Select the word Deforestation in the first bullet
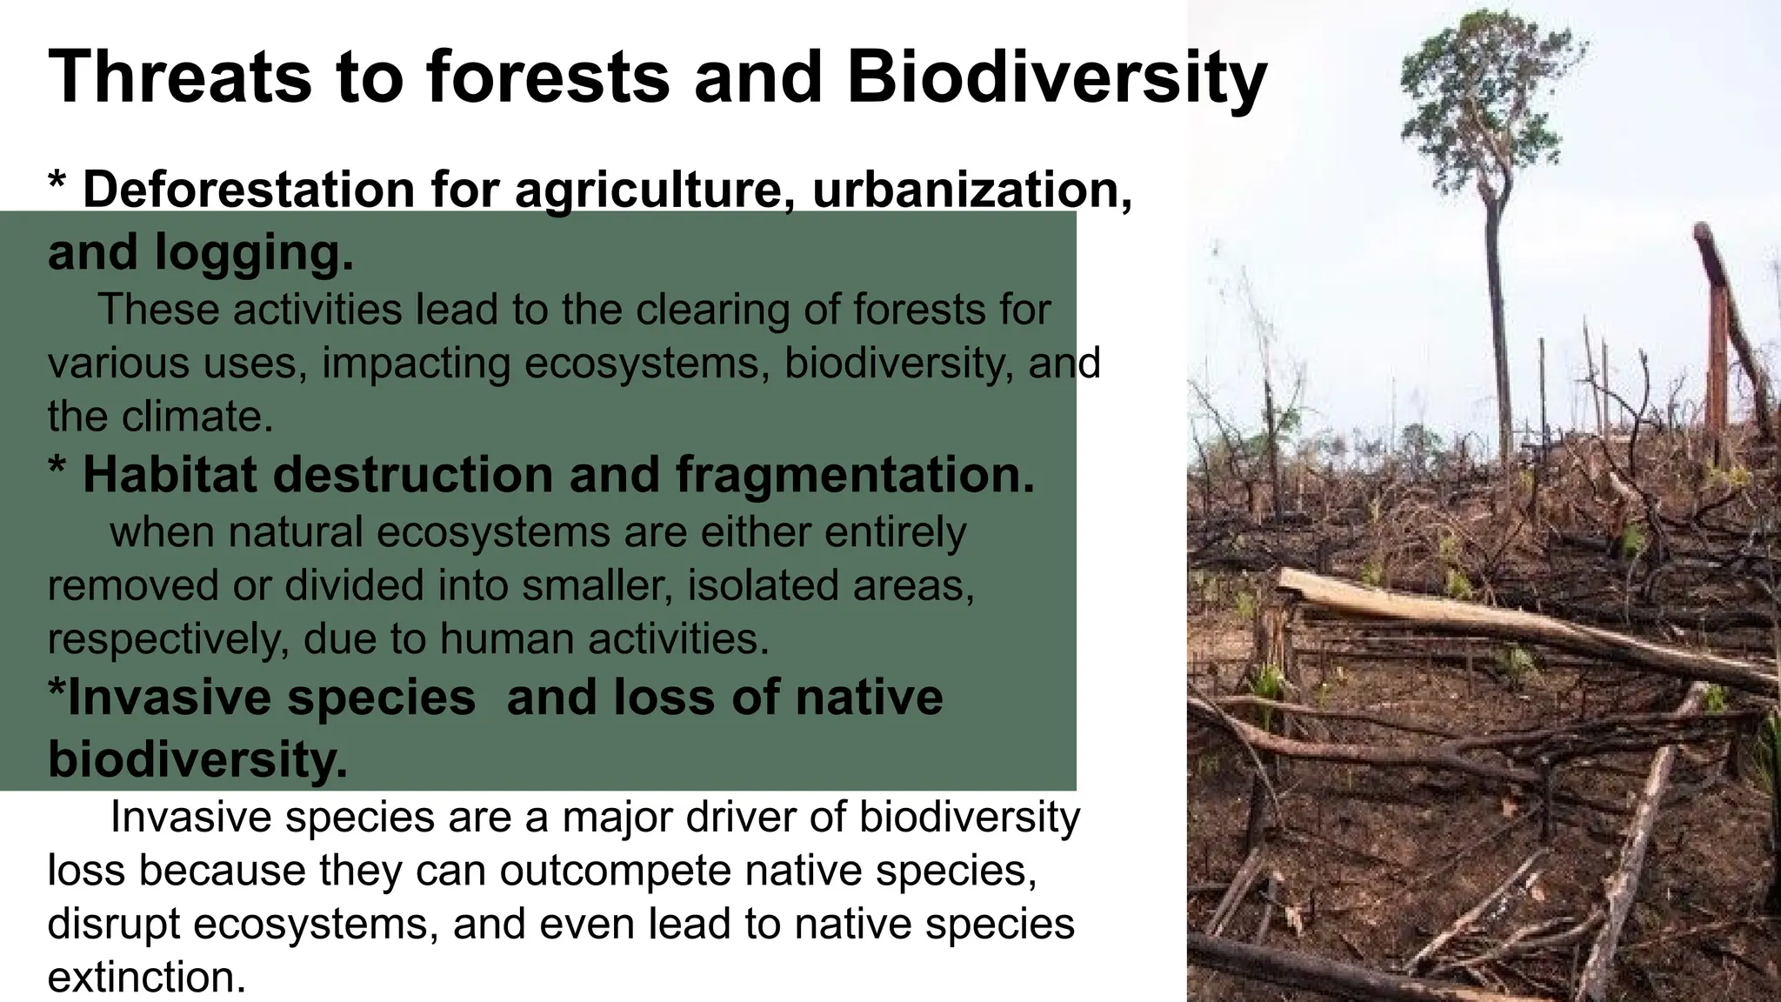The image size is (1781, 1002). [249, 189]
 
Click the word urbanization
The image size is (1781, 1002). [972, 189]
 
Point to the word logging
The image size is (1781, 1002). [254, 253]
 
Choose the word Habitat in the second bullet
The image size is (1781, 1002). [170, 475]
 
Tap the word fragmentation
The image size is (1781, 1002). [855, 475]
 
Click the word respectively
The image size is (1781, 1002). [169, 639]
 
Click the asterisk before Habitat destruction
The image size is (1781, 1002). [57, 470]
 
